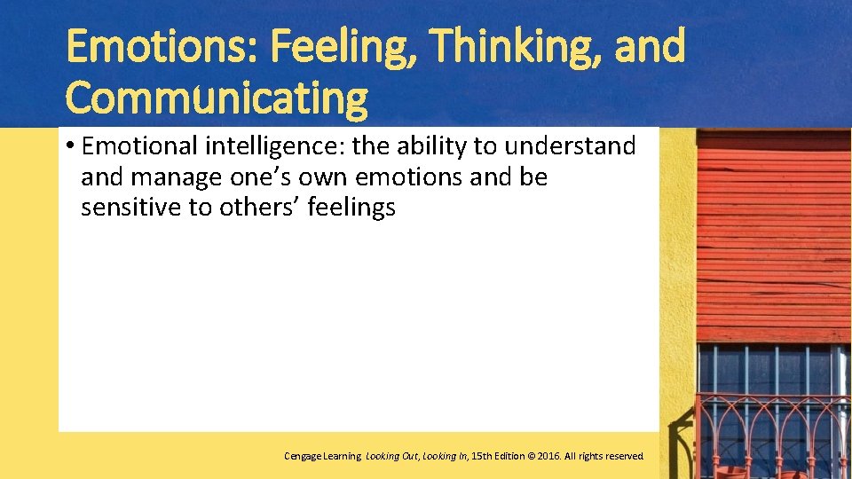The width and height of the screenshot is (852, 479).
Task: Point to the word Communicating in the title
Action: click(x=217, y=98)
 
